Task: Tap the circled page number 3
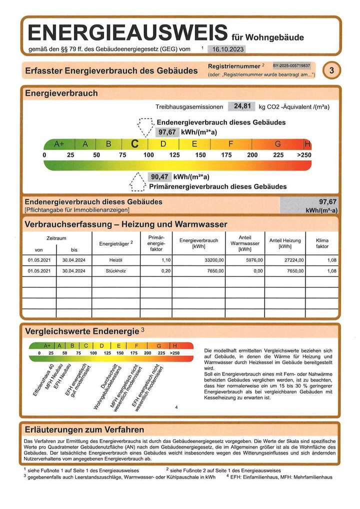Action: (330, 70)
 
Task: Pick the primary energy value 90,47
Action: (159, 176)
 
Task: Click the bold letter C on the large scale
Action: (134, 144)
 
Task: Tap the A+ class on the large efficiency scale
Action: (59, 144)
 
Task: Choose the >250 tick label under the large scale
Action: (303, 155)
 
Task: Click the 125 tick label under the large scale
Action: (174, 155)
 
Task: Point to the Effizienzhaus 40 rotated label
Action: (42, 383)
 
